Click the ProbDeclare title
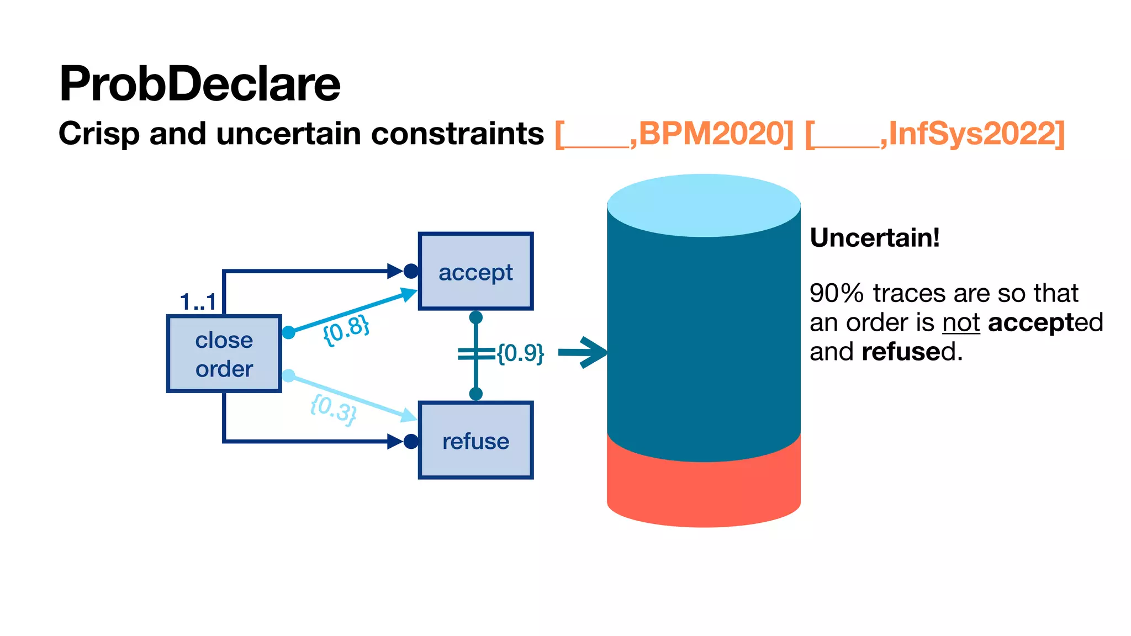(x=199, y=84)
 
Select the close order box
(x=224, y=354)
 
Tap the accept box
(x=475, y=272)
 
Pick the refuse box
(x=475, y=441)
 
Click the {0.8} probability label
(x=346, y=330)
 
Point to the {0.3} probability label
(x=334, y=409)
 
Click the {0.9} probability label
(x=520, y=353)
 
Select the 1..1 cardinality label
(x=198, y=302)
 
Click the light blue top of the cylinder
(x=704, y=206)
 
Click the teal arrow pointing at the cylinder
(x=583, y=352)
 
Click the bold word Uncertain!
(x=875, y=238)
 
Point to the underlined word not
(x=961, y=323)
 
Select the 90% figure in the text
(x=836, y=293)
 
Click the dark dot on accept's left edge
(x=411, y=271)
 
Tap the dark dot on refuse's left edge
(x=411, y=442)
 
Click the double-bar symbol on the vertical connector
(x=475, y=354)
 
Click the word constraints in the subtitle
(x=457, y=134)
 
